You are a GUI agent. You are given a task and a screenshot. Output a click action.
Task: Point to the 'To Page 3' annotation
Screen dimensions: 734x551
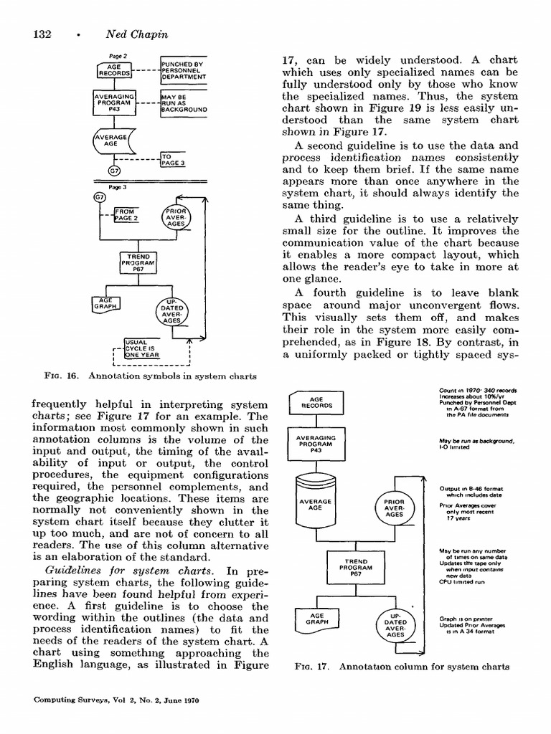pos(174,158)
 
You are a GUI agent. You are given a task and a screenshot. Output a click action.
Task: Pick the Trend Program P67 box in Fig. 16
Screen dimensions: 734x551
pos(138,263)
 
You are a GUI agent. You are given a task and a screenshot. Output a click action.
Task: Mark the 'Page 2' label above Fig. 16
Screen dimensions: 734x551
pos(118,56)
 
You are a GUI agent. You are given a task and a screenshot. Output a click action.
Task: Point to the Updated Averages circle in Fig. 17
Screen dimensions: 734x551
pos(395,624)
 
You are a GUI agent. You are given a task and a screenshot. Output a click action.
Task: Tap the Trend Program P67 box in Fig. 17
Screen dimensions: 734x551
pos(356,568)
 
